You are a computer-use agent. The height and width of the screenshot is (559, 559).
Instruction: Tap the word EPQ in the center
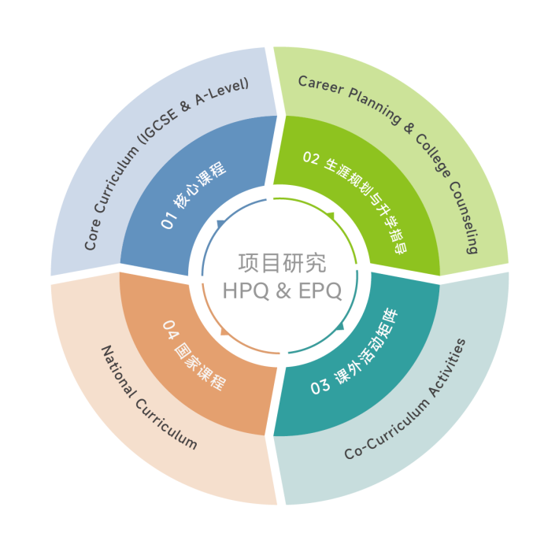click(x=320, y=291)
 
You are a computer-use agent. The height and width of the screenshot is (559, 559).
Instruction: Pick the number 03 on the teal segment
click(x=320, y=387)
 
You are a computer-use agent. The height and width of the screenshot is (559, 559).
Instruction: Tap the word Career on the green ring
click(x=321, y=85)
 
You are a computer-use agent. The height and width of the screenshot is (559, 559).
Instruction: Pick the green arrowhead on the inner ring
click(x=331, y=215)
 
